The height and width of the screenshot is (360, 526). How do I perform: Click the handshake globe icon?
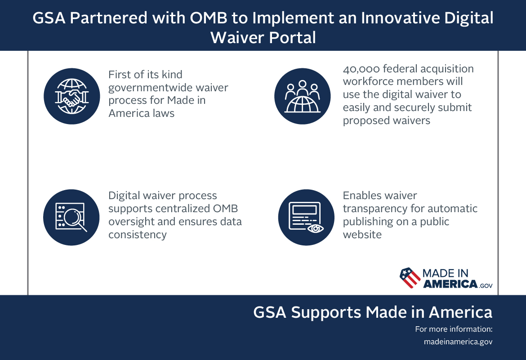71,96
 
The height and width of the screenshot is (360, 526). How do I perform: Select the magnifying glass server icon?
71,217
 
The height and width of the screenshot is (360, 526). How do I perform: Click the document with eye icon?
306,217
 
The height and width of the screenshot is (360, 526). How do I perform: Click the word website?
362,234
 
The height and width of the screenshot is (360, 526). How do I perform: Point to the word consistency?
138,234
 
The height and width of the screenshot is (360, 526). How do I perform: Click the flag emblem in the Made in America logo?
409,278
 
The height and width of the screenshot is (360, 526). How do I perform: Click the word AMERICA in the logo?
449,284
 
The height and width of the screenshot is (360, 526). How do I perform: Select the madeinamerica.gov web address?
458,342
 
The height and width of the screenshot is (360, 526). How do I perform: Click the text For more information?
454,329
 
